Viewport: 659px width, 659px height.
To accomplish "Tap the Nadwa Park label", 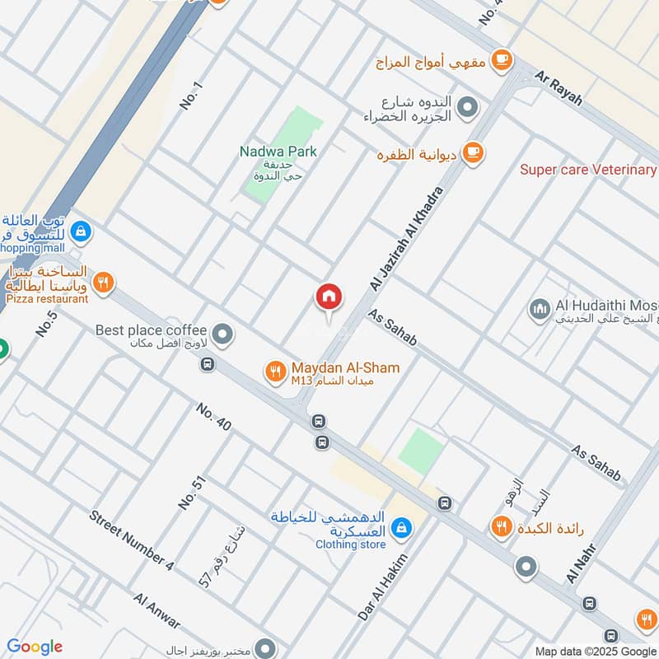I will pyautogui.click(x=278, y=152).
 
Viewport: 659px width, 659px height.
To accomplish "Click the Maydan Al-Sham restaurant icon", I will pyautogui.click(x=275, y=372).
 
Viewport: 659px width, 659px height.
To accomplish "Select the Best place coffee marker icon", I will pyautogui.click(x=222, y=334).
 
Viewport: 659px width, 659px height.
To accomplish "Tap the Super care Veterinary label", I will pyautogui.click(x=587, y=170).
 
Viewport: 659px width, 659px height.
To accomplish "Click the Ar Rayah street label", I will pyautogui.click(x=559, y=86).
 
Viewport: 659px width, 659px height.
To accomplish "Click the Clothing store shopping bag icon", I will pyautogui.click(x=401, y=527).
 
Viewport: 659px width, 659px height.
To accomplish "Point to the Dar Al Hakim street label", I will pyautogui.click(x=383, y=587).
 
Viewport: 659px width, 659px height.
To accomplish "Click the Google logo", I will pyautogui.click(x=34, y=647).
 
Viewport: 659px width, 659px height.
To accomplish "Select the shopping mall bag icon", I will pyautogui.click(x=81, y=231).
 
